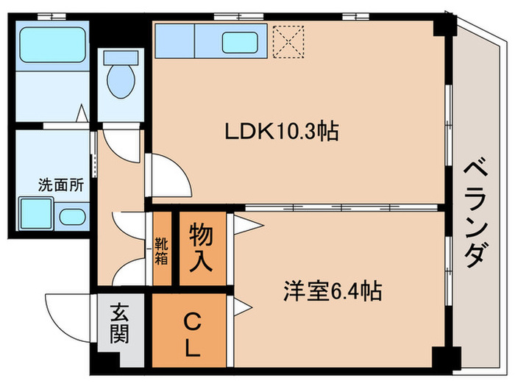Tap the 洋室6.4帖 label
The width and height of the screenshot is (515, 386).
[x=333, y=291]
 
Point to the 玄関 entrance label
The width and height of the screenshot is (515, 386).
[x=121, y=324]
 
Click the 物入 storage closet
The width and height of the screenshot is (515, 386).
[x=202, y=248]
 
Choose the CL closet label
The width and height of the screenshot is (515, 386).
[x=192, y=335]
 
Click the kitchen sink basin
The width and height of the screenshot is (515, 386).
[x=244, y=41]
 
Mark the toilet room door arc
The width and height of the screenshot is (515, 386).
[x=118, y=143]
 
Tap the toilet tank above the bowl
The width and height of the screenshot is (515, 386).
[x=118, y=57]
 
